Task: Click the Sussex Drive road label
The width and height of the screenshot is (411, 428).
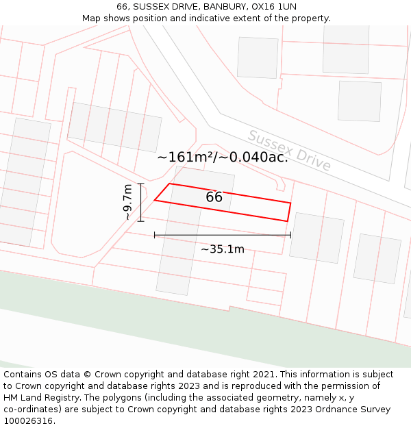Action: click(x=289, y=151)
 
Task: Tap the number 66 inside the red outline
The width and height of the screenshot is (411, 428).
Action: click(x=214, y=197)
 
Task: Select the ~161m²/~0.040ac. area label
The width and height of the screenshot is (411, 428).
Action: click(x=223, y=158)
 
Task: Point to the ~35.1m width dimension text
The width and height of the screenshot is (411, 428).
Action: click(x=223, y=249)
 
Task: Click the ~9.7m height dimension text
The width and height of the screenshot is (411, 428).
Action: click(x=127, y=202)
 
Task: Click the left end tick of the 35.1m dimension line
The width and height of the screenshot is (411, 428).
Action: click(x=154, y=235)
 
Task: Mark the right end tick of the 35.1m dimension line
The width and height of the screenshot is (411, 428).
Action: click(x=291, y=235)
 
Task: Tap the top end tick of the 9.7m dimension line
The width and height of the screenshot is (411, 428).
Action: click(x=140, y=184)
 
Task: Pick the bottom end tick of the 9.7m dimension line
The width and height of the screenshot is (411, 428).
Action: click(x=140, y=221)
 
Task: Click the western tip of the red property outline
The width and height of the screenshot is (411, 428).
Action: click(x=154, y=200)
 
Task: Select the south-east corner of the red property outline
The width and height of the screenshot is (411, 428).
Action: click(x=287, y=221)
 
